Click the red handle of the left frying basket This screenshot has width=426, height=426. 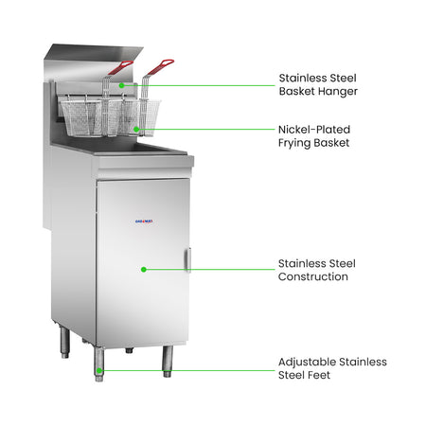point(120,67)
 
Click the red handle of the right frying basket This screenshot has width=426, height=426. point(160,67)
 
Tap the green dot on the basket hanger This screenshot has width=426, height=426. point(121,85)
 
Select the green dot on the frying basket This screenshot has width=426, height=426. point(136,129)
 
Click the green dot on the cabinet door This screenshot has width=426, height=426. point(144,269)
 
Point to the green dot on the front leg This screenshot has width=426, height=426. point(99,370)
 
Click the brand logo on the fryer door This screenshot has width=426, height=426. point(144,222)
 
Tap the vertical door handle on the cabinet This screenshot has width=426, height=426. point(188,260)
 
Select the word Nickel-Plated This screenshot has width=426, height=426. point(314,130)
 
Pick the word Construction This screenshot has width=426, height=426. point(313,276)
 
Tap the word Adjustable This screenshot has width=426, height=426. point(307,363)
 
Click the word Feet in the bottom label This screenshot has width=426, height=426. point(319,375)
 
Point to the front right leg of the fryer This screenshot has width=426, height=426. point(168,362)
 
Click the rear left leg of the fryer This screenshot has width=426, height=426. point(64,342)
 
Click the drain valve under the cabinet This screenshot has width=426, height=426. point(129,350)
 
